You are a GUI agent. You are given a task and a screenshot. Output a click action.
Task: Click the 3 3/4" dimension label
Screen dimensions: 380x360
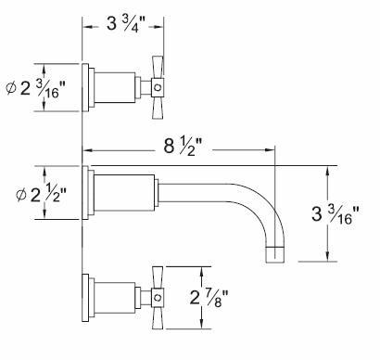[x=126, y=24]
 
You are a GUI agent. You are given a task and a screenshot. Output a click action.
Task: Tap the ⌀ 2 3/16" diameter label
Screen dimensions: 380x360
[x=36, y=88]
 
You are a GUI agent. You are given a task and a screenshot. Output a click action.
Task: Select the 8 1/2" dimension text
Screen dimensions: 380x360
[x=183, y=146]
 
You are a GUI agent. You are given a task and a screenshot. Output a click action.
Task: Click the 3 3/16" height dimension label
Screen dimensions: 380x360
[x=336, y=214]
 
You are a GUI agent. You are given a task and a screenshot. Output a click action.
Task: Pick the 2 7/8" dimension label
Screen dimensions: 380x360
[x=209, y=298]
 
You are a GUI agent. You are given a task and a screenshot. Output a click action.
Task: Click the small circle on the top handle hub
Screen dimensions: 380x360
[x=158, y=87]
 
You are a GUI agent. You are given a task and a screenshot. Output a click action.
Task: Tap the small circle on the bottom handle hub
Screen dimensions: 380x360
[x=158, y=298]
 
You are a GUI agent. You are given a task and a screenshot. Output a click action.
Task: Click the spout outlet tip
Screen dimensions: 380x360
[x=275, y=255]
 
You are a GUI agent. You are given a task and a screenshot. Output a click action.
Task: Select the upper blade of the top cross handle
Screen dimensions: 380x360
[x=158, y=67]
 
